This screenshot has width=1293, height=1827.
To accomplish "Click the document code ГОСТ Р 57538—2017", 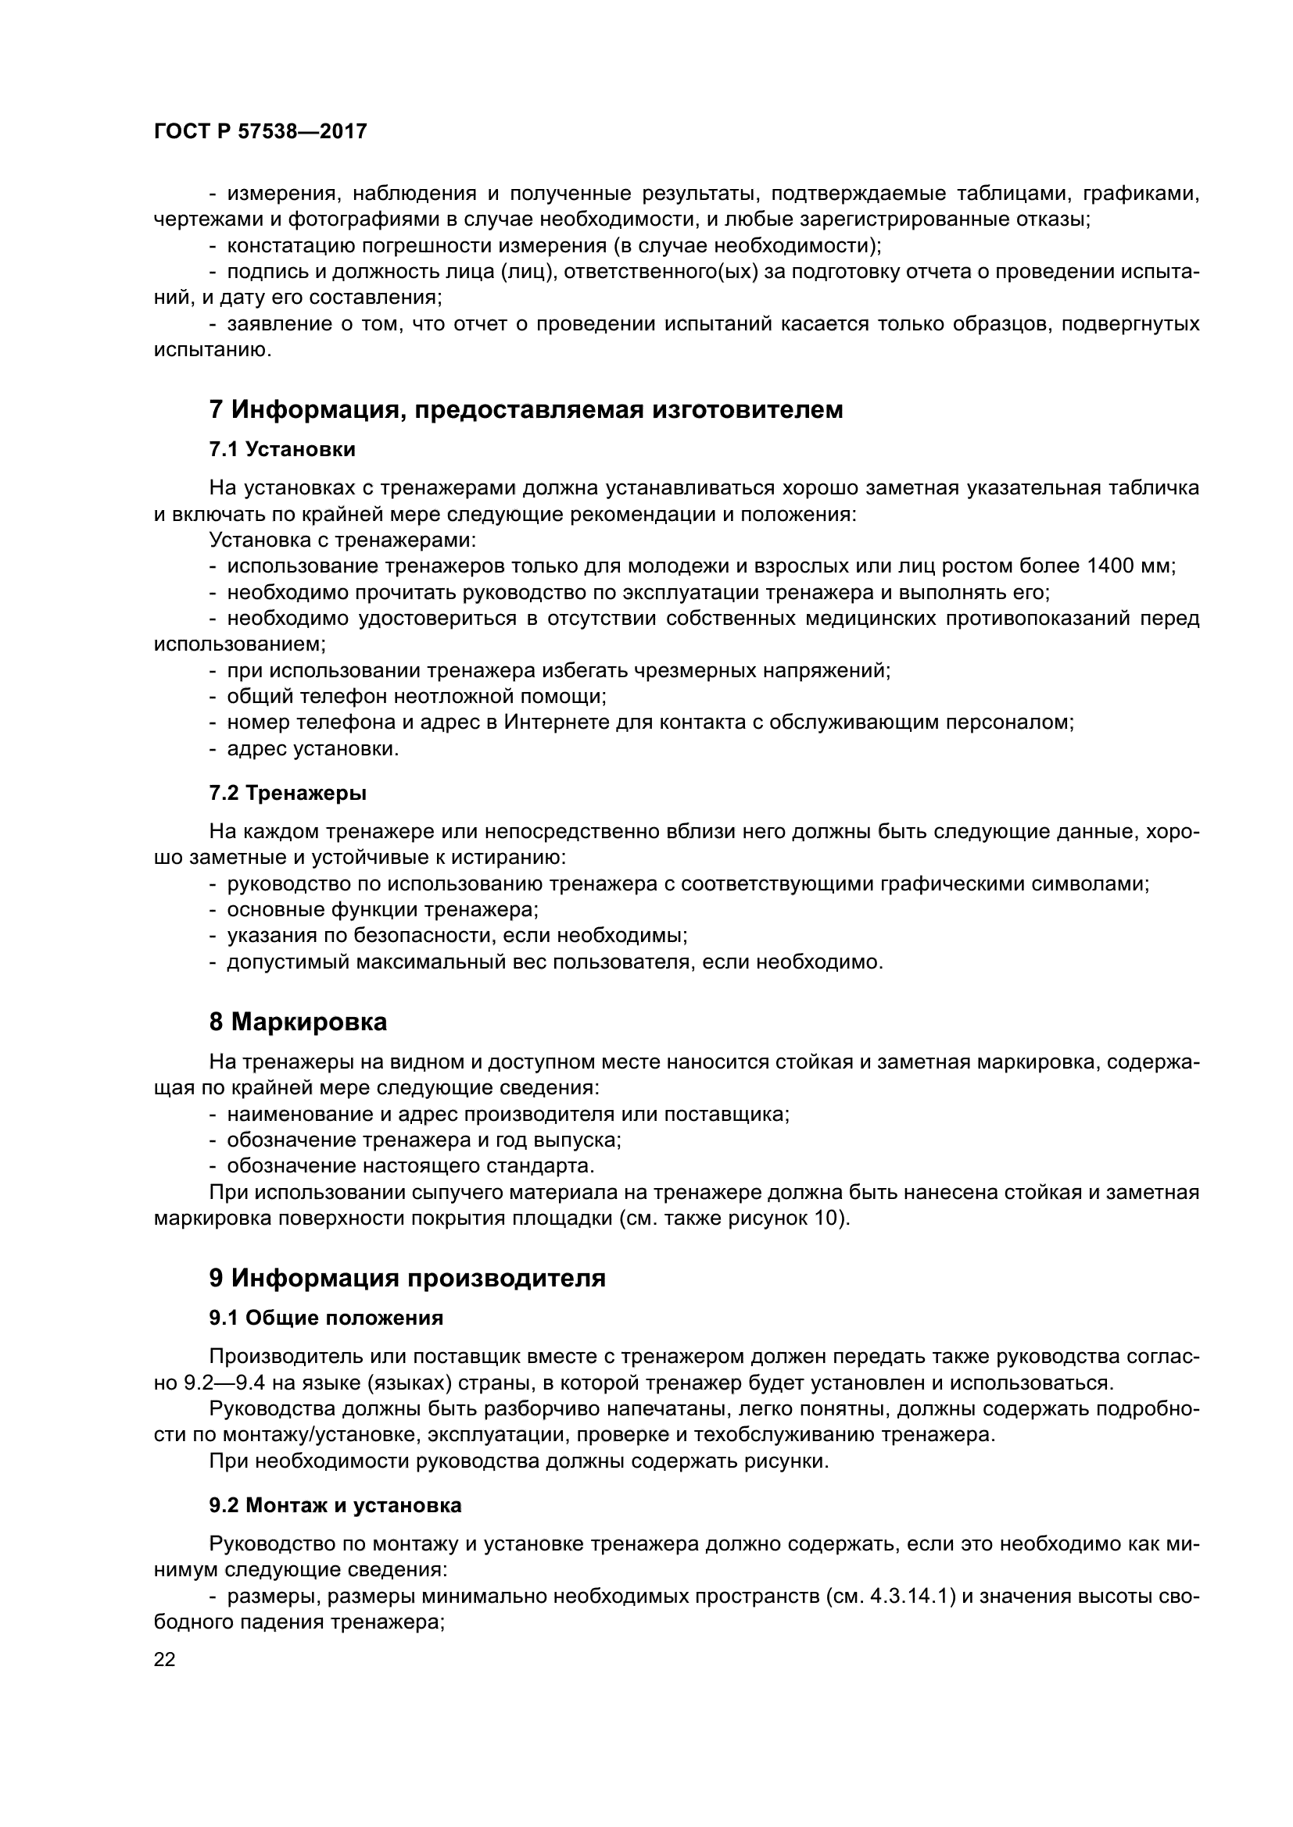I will click(260, 132).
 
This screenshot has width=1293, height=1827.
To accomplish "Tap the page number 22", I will click(165, 1660).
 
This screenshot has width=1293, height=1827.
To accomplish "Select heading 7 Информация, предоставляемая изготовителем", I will click(525, 410).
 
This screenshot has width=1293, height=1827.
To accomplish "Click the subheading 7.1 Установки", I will click(282, 450).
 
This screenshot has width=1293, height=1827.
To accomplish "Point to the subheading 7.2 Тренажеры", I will click(288, 794).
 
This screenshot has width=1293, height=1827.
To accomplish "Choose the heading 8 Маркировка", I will click(298, 1022).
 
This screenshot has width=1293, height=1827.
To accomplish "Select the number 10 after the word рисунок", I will click(829, 1219).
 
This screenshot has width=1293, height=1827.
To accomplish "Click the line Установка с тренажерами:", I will click(342, 541).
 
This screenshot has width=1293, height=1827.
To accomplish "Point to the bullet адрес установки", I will click(313, 749).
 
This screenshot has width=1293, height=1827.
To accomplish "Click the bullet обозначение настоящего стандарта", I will click(411, 1166).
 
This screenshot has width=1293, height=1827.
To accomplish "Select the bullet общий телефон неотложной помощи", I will click(417, 697).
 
